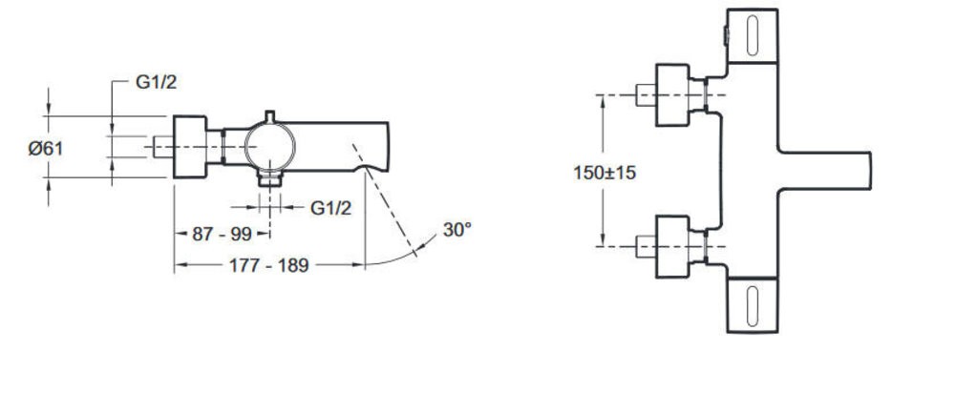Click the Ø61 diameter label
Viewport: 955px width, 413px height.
[45, 148]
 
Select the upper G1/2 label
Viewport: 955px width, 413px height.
[155, 82]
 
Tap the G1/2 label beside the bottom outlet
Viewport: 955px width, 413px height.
[331, 208]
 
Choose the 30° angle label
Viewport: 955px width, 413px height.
[456, 231]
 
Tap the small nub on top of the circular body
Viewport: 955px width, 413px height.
[271, 116]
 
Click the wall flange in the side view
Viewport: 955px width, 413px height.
[188, 148]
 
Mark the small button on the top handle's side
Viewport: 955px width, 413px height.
[726, 37]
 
